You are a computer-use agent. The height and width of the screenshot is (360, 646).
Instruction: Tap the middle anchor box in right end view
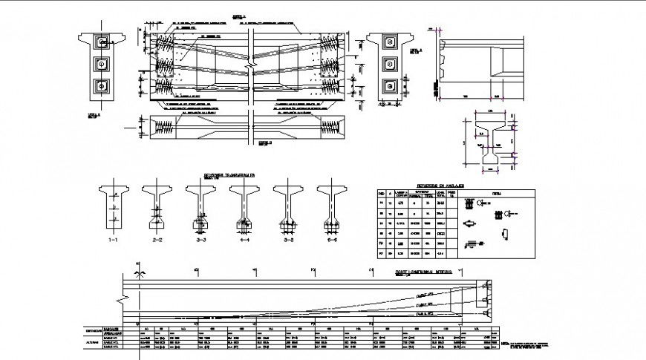(388, 65)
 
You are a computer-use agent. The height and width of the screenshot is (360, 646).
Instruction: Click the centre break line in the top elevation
(251, 71)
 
